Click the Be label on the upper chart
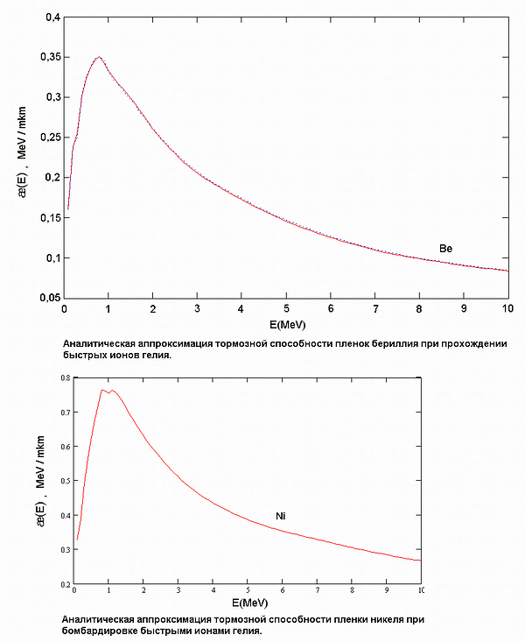coord(445,249)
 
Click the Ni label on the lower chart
coord(281,516)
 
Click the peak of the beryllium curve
coord(99,58)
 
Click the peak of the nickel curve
coord(102,390)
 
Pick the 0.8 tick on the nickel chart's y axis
coord(64,377)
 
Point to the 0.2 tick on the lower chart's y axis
coord(64,583)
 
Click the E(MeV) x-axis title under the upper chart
coord(285,323)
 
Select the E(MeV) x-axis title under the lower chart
coord(249,604)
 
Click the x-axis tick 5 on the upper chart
coord(286,309)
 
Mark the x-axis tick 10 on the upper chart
coord(507,309)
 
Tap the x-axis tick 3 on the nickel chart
coord(178,591)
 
